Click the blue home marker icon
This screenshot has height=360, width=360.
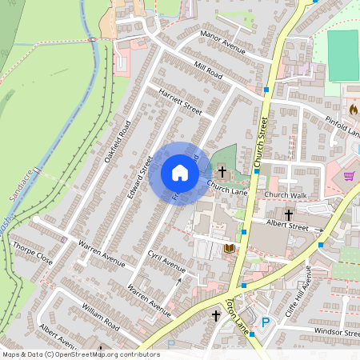[179, 173]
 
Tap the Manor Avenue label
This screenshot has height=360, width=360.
[222, 46]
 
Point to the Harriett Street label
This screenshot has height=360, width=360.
[181, 102]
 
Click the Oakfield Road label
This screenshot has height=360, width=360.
[117, 141]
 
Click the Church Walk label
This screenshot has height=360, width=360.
[286, 194]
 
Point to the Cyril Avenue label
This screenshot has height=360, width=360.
[166, 261]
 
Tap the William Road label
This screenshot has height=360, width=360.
[101, 317]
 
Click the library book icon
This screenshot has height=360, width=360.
[230, 249]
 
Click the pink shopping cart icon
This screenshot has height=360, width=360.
[349, 175]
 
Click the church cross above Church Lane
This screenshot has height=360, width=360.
[222, 171]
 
